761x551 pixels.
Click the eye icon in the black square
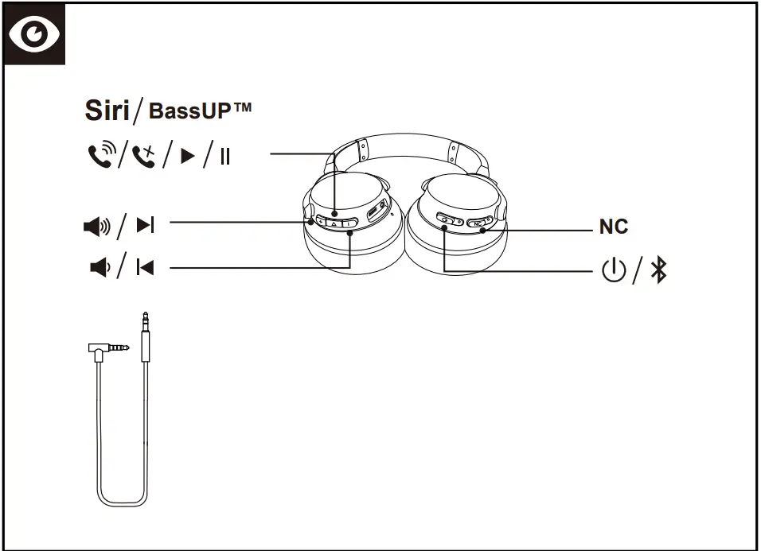[x=34, y=34]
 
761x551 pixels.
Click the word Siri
[x=107, y=111]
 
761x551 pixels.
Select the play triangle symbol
[x=187, y=156]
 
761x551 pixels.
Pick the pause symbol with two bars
[x=225, y=156]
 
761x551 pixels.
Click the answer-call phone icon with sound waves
[x=100, y=155]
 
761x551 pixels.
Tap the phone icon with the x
[x=145, y=155]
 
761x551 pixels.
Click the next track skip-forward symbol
[x=145, y=227]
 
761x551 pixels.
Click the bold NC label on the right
[x=613, y=227]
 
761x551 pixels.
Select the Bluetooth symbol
[x=658, y=271]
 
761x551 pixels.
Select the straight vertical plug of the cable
[x=144, y=334]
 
